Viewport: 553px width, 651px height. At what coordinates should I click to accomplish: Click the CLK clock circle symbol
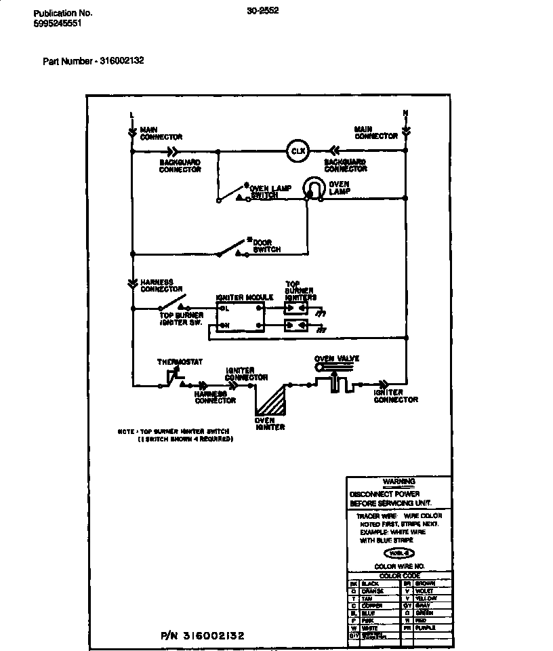(297, 151)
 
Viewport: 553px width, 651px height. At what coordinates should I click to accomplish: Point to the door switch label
(266, 246)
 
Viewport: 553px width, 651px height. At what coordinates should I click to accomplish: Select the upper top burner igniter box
(296, 308)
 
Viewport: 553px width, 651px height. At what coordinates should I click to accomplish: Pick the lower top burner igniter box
(296, 325)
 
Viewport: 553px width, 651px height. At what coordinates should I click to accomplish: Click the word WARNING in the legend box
(398, 482)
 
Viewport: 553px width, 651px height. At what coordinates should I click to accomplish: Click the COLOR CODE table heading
(399, 576)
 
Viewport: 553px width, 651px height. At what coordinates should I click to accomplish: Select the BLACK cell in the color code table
(371, 583)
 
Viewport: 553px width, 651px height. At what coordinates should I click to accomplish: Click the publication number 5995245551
(58, 23)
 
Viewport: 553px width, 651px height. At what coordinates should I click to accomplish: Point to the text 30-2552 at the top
(264, 10)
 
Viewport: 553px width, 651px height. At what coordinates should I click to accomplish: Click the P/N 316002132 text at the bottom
(203, 635)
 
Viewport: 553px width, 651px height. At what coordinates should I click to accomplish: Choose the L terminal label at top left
(132, 113)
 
